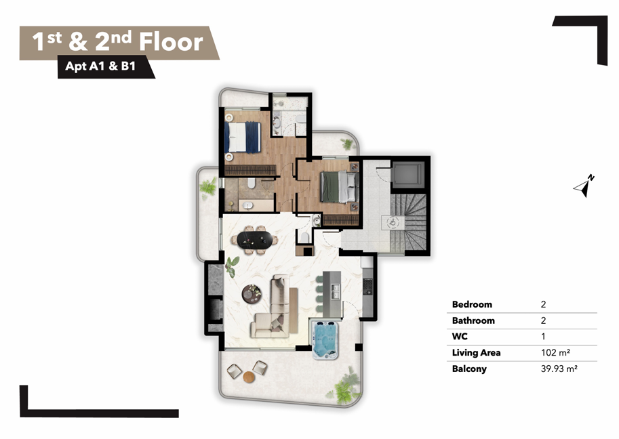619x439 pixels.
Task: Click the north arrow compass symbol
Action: pyautogui.click(x=584, y=186)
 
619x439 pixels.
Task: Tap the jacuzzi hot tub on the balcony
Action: pyautogui.click(x=325, y=339)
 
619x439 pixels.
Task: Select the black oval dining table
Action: pyautogui.click(x=255, y=239)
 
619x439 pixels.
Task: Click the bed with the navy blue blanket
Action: pyautogui.click(x=243, y=137)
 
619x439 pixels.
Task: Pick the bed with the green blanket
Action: pyautogui.click(x=339, y=186)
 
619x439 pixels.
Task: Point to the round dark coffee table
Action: pyautogui.click(x=252, y=294)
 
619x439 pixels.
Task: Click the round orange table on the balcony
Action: pyautogui.click(x=249, y=377)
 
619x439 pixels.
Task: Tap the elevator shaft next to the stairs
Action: pyautogui.click(x=408, y=174)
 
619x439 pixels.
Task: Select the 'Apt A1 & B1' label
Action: pyautogui.click(x=100, y=66)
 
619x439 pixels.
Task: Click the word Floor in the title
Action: pyautogui.click(x=171, y=41)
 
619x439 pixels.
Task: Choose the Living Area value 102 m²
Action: pyautogui.click(x=555, y=352)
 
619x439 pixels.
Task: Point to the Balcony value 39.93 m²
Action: pyautogui.click(x=559, y=369)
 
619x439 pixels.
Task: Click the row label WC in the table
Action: pyautogui.click(x=460, y=337)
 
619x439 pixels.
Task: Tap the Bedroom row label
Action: pyautogui.click(x=472, y=304)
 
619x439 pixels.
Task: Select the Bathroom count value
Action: pyautogui.click(x=543, y=320)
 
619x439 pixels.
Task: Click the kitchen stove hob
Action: pyautogui.click(x=367, y=286)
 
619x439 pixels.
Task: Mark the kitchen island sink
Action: pyautogui.click(x=336, y=291)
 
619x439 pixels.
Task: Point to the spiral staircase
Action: pyautogui.click(x=409, y=222)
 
